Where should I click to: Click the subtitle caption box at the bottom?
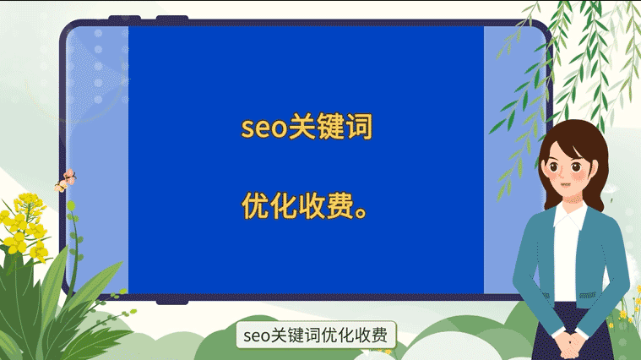pyautogui.click(x=316, y=335)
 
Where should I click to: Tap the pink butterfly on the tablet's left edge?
pyautogui.click(x=65, y=180)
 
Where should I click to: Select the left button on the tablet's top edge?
pyautogui.click(x=125, y=18)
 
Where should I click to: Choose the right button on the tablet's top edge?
pyautogui.click(x=172, y=18)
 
